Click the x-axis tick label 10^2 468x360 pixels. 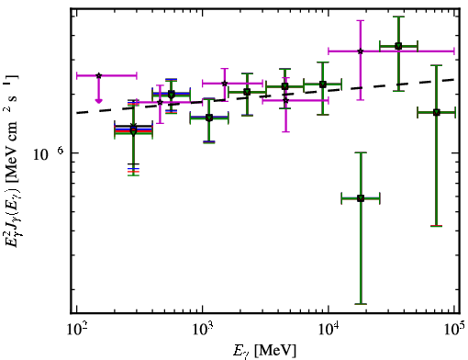tap(76, 329)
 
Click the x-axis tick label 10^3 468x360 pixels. tap(203, 329)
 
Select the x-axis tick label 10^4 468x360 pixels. tap(329, 329)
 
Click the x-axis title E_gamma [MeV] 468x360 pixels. tap(264, 351)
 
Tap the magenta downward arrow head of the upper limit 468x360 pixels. tap(98, 101)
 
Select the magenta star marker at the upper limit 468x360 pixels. tap(98, 75)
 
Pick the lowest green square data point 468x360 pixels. tap(361, 198)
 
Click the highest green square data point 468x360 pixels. tap(398, 46)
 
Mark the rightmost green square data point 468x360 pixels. tap(437, 112)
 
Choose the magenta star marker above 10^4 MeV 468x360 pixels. tap(361, 51)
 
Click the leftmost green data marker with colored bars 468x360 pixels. tap(133, 131)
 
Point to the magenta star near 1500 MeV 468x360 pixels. tap(225, 84)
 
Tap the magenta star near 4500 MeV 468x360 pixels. tap(285, 100)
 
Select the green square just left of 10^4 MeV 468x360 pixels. tap(323, 84)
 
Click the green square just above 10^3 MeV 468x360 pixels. tap(209, 118)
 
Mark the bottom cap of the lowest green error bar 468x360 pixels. tap(361, 304)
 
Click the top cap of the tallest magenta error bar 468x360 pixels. tap(361, 20)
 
